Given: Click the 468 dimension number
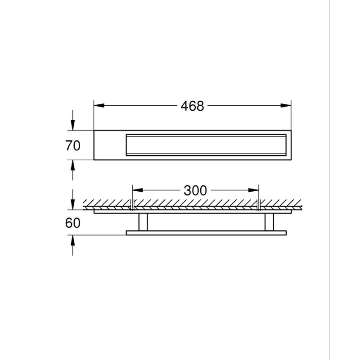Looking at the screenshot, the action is pyautogui.click(x=192, y=106).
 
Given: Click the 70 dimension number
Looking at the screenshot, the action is pyautogui.click(x=73, y=145).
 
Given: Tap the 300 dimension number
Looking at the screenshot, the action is pyautogui.click(x=195, y=190).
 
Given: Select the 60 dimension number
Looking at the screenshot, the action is pyautogui.click(x=73, y=223).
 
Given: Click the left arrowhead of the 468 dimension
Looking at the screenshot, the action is pyautogui.click(x=99, y=106).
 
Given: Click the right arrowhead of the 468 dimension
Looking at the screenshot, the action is pyautogui.click(x=286, y=106).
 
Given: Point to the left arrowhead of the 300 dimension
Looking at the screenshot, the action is pyautogui.click(x=138, y=190).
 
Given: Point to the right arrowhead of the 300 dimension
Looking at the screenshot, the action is pyautogui.click(x=253, y=190).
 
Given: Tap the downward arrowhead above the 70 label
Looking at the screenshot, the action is pyautogui.click(x=73, y=125).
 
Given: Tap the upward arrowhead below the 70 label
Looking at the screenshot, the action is pyautogui.click(x=73, y=165).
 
